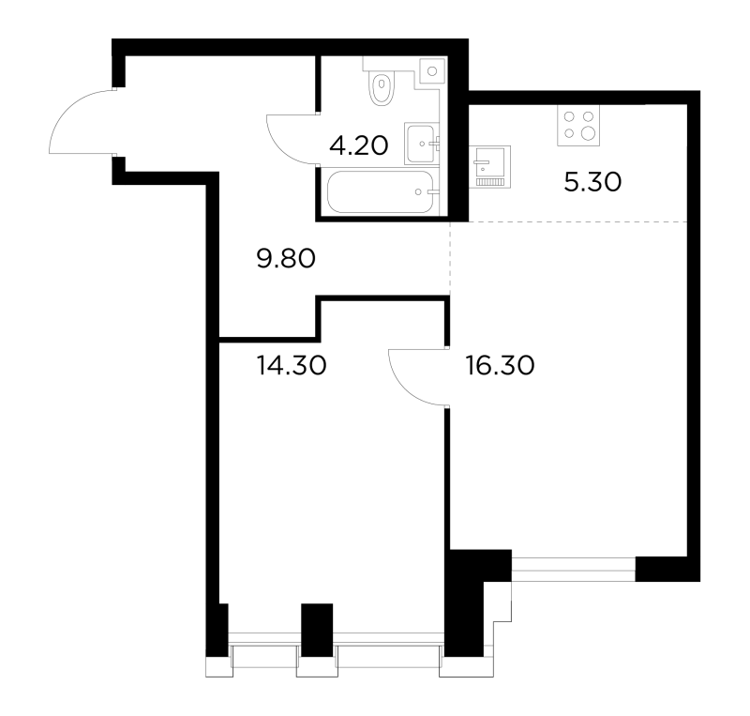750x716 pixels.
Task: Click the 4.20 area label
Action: coord(359,145)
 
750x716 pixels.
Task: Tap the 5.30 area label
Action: coord(592,182)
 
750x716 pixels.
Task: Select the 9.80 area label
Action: coord(286,259)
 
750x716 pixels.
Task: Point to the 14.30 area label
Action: coord(292,365)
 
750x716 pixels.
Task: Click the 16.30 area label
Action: coord(500,365)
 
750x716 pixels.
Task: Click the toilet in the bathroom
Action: coord(382,86)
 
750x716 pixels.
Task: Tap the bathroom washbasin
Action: coord(422,144)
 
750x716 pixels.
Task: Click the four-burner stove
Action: coord(578,125)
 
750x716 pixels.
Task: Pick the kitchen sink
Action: coord(489,166)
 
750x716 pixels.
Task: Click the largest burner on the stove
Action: coord(589,133)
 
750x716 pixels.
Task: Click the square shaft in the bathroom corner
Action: coord(433,71)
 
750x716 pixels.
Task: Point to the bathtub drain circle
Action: coord(418,192)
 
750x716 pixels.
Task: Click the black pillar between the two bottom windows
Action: coord(317,630)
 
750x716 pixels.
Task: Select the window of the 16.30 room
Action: coord(574,570)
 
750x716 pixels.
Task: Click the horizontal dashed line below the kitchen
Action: coord(569,221)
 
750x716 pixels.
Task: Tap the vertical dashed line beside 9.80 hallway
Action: coord(450,259)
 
